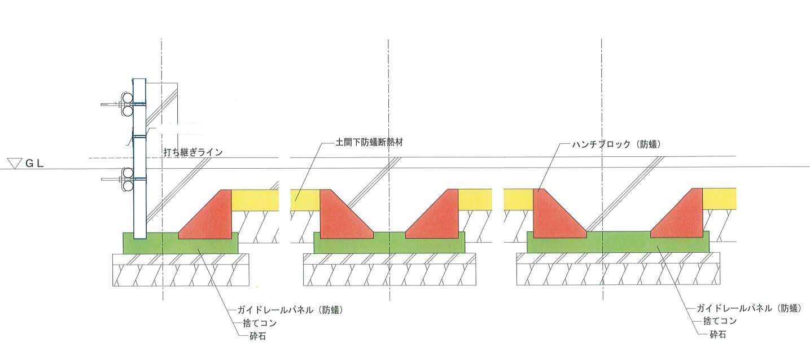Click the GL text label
(35, 164)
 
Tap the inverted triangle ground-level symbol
(15, 164)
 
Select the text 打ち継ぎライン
(193, 152)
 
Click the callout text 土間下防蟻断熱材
(369, 142)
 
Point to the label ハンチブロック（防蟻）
(616, 144)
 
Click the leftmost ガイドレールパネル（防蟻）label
(290, 310)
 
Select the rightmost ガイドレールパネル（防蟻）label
(749, 308)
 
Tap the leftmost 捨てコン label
(260, 323)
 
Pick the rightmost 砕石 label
(718, 335)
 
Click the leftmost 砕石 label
(258, 336)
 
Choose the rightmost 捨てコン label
(720, 321)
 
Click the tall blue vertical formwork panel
(139, 159)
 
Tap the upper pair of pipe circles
(127, 104)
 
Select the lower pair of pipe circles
(128, 179)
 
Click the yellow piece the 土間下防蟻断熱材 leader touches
(305, 200)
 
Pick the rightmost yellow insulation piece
(719, 199)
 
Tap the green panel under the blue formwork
(181, 243)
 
